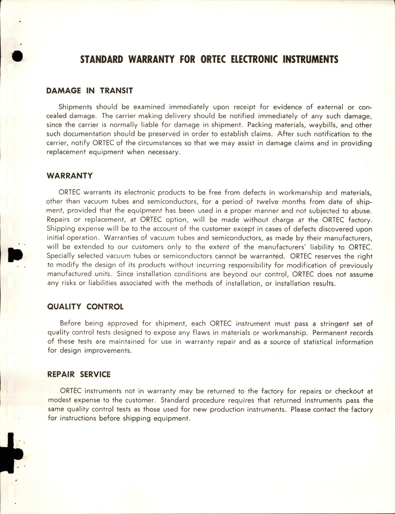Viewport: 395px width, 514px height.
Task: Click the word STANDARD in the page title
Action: click(101, 60)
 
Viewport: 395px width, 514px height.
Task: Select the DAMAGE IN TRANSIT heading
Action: click(89, 91)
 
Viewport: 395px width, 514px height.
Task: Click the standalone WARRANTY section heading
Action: click(70, 176)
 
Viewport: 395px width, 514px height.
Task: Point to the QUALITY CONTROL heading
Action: click(85, 307)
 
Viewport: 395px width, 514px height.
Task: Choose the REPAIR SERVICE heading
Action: click(79, 375)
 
